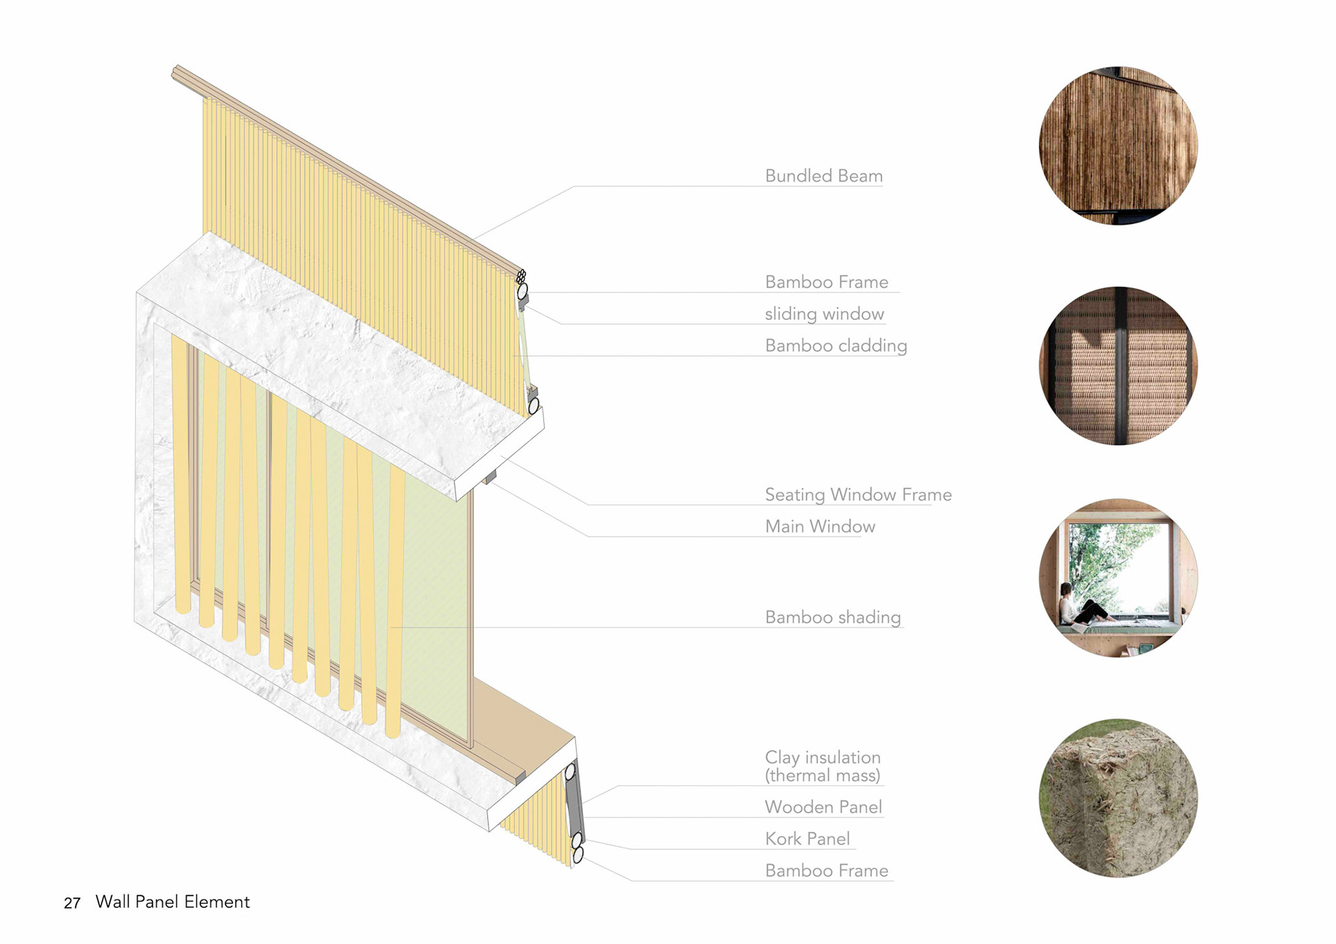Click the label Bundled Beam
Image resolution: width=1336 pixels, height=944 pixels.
pos(823,176)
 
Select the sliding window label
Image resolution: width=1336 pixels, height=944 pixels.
pos(824,314)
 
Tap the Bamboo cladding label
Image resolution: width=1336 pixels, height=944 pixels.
pos(836,346)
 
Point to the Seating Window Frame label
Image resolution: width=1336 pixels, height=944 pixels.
pos(858,495)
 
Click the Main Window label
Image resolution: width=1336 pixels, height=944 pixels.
pos(820,527)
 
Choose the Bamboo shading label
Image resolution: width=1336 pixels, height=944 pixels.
pos(832,617)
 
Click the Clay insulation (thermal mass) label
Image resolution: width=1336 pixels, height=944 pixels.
pos(822,766)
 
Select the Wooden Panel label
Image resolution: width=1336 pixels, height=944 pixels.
pos(823,807)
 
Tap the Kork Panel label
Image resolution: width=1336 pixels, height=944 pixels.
pos(807,839)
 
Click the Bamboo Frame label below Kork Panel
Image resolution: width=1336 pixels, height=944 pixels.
pos(827,870)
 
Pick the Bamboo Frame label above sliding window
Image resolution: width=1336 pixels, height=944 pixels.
pos(827,282)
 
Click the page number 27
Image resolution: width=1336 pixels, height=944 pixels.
pos(72,903)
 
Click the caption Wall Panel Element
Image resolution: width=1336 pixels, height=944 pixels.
pos(173,902)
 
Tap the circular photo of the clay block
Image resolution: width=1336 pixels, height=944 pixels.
pos(1118,798)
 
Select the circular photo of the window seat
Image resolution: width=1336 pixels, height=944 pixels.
pos(1118,578)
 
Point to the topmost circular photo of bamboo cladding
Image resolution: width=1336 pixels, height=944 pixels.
pos(1118,145)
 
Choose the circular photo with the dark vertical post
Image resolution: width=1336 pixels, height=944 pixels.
pos(1118,366)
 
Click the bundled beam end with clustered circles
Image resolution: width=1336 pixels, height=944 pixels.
pos(520,277)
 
